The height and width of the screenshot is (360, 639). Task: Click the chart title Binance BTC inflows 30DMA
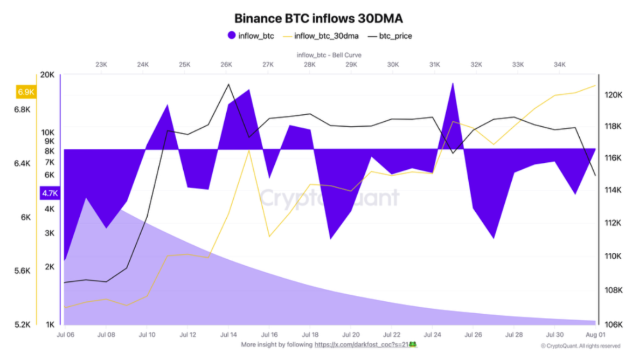[319, 18]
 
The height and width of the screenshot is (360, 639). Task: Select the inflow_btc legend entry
[251, 36]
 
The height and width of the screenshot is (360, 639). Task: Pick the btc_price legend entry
[390, 36]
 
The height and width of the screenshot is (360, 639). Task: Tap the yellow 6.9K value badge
[26, 92]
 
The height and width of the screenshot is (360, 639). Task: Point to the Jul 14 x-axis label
[228, 334]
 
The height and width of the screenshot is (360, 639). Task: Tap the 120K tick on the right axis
[614, 95]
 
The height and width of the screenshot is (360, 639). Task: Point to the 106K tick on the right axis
[614, 325]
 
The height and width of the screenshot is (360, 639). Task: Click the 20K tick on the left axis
[48, 75]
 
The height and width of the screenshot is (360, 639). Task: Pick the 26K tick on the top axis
[226, 65]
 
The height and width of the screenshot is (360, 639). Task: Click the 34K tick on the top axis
[560, 65]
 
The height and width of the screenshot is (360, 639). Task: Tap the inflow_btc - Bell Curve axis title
[329, 55]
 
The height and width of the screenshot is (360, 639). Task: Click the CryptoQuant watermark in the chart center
[330, 198]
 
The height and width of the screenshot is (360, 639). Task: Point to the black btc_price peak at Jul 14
[228, 85]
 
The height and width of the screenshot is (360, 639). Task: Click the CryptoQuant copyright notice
[580, 345]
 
